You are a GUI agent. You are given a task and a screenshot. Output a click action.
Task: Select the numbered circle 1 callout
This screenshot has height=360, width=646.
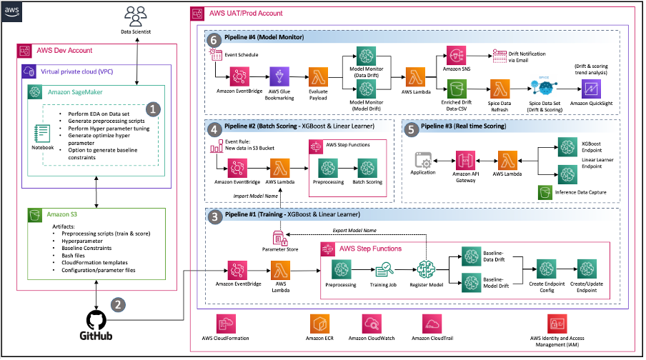[x=151, y=109]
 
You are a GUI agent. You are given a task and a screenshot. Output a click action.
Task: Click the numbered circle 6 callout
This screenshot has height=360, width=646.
[x=211, y=41]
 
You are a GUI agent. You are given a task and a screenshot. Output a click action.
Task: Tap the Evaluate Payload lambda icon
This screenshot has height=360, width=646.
[x=319, y=76]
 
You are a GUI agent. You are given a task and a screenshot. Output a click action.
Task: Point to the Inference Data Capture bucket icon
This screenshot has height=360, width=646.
[x=545, y=192]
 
